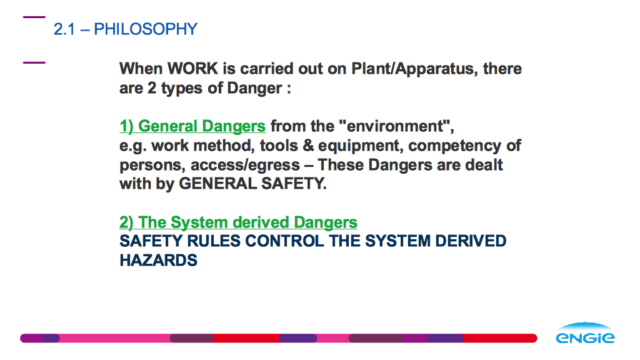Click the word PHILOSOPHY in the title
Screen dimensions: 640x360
pos(146,29)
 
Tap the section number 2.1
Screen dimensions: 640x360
pos(64,29)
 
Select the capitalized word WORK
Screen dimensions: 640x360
pos(193,69)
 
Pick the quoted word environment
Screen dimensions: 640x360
pos(395,126)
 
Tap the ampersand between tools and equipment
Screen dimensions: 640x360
pos(309,146)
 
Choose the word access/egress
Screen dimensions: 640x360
pos(245,165)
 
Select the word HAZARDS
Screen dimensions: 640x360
pos(158,261)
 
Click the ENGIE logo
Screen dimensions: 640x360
pos(585,332)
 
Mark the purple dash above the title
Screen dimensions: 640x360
pos(34,17)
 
